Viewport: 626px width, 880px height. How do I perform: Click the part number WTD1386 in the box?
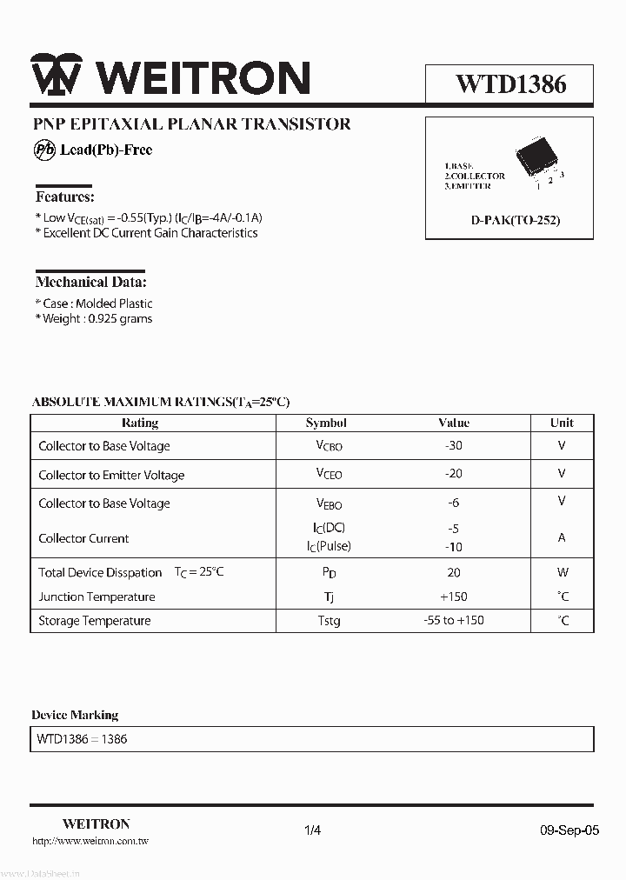click(x=510, y=83)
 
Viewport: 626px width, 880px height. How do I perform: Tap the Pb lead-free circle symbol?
click(x=44, y=150)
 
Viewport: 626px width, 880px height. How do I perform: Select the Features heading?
click(x=65, y=197)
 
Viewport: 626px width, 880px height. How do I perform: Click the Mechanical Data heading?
click(x=91, y=282)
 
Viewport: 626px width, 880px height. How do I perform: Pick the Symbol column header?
click(x=326, y=423)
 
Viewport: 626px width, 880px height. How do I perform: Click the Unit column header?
click(x=562, y=423)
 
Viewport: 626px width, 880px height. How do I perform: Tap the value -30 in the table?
click(x=453, y=445)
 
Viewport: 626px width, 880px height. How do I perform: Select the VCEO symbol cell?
click(x=329, y=474)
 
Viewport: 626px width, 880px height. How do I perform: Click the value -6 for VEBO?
click(x=453, y=503)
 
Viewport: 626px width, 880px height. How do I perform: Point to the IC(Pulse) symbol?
click(x=329, y=546)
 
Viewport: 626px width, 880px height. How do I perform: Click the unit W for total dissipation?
click(x=563, y=572)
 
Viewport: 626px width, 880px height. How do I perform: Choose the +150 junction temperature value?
click(x=453, y=597)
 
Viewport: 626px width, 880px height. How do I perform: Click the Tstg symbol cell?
click(x=329, y=621)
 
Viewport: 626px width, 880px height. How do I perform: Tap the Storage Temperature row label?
click(x=95, y=621)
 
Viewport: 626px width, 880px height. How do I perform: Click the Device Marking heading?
click(x=75, y=715)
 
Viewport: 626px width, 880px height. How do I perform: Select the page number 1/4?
click(x=313, y=830)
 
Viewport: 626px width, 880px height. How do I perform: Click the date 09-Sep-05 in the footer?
click(x=569, y=830)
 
